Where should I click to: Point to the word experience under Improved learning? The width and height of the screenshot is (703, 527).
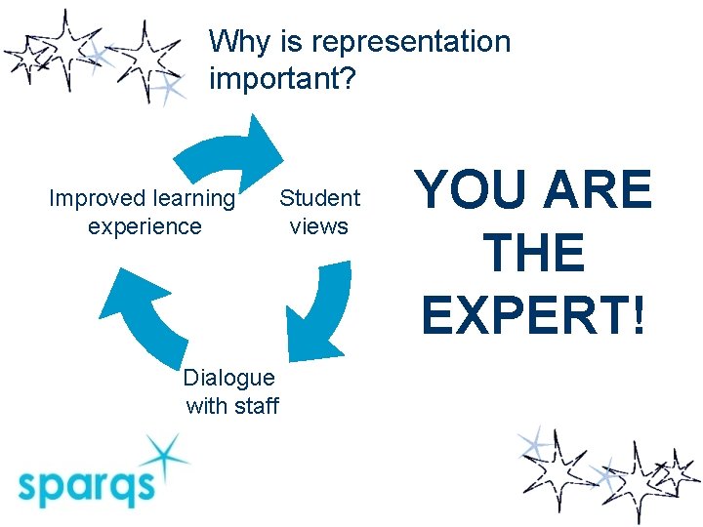pyautogui.click(x=145, y=226)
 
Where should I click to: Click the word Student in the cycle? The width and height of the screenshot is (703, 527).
pyautogui.click(x=320, y=199)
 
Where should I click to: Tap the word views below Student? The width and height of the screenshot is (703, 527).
pyautogui.click(x=318, y=226)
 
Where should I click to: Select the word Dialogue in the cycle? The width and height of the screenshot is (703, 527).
pyautogui.click(x=229, y=378)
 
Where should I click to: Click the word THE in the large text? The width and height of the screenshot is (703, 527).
pyautogui.click(x=533, y=254)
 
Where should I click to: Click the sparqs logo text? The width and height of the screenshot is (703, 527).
pyautogui.click(x=85, y=485)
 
